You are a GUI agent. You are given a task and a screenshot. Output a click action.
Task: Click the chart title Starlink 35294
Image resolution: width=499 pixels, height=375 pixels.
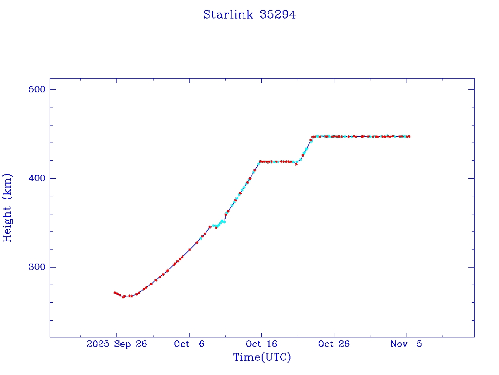[249, 15]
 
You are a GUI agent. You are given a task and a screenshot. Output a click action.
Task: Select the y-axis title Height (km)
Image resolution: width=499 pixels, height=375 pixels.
[8, 208]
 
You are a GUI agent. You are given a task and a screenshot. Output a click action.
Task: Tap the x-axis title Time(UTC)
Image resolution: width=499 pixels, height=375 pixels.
[262, 357]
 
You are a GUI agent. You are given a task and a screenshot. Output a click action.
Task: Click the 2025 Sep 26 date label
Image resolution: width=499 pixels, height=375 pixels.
[116, 344]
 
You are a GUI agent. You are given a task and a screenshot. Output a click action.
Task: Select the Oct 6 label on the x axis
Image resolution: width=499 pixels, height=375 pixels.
[189, 344]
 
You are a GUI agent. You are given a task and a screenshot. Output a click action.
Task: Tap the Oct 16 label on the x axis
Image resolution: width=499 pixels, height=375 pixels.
[261, 344]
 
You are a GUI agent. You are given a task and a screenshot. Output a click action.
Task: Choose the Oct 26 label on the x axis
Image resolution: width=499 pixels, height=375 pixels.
[334, 344]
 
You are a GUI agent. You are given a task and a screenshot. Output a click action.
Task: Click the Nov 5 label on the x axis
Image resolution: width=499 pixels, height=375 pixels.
[406, 344]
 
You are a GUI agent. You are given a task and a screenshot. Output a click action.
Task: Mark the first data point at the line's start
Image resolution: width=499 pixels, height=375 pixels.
[115, 292]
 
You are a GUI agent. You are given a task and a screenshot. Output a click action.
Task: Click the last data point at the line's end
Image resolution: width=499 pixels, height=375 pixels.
[409, 136]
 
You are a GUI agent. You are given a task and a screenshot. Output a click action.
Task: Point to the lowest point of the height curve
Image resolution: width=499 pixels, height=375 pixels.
[123, 296]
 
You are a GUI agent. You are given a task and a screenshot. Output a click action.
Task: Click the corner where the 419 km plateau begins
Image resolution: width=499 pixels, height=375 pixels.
[260, 161]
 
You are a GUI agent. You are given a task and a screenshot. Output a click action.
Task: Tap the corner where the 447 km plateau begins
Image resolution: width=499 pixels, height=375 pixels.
[314, 136]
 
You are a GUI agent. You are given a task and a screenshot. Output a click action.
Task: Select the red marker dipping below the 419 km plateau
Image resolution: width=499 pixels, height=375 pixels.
[296, 164]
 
